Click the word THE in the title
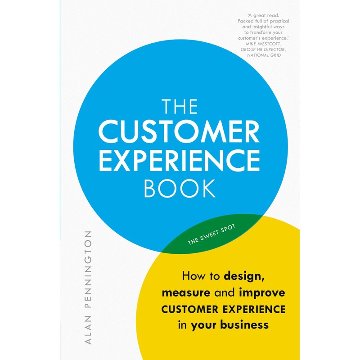[180, 108]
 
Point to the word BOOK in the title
[180, 189]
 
